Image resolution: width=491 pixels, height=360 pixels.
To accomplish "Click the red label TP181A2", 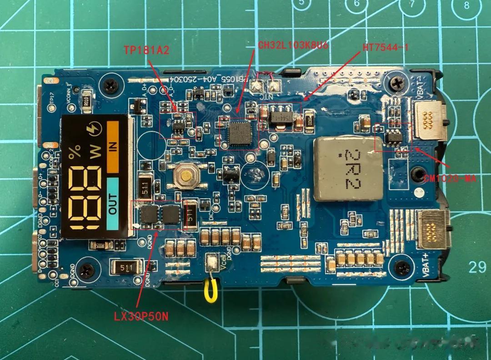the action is [x=146, y=50].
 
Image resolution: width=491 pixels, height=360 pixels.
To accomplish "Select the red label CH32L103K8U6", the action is [x=293, y=45].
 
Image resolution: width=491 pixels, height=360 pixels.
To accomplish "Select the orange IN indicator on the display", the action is [x=113, y=146].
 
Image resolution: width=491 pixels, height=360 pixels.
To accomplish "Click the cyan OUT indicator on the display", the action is [x=113, y=203].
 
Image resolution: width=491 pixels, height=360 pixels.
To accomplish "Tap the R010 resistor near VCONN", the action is [x=86, y=101].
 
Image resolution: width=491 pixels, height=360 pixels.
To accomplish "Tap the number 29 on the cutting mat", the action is [x=477, y=266].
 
